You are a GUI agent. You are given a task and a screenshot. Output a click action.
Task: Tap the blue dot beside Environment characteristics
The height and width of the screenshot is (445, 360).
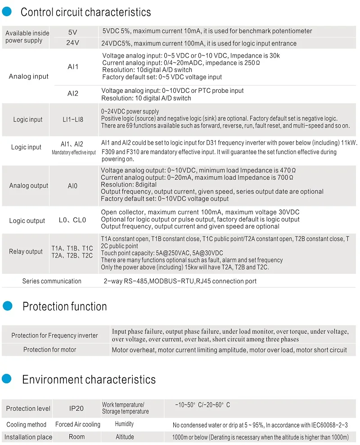(6, 379)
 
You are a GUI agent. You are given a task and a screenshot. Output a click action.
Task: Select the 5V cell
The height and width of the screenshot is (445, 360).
(73, 32)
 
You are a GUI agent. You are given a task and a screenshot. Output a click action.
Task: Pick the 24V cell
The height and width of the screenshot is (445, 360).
(73, 43)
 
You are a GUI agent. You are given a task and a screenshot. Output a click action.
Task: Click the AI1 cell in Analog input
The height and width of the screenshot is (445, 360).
(73, 67)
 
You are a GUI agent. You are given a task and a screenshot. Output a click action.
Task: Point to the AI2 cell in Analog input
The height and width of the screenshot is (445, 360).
(73, 94)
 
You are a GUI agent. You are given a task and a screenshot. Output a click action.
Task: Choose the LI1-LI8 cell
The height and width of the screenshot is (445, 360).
(73, 119)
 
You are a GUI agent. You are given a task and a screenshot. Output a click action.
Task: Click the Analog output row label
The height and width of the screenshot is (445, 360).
(29, 186)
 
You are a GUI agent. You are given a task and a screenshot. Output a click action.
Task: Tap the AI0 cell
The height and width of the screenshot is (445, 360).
(72, 186)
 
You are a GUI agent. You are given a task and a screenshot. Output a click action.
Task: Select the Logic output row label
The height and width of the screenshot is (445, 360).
(27, 221)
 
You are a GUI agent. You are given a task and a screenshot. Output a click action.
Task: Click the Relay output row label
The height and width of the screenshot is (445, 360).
(26, 251)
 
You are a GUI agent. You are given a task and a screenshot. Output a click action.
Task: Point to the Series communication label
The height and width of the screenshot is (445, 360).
(52, 281)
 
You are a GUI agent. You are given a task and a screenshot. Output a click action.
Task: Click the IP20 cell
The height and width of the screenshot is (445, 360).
(76, 409)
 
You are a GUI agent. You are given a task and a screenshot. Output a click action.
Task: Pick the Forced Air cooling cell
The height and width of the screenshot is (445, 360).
(78, 424)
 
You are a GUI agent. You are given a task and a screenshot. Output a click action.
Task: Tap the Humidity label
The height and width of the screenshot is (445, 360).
(124, 424)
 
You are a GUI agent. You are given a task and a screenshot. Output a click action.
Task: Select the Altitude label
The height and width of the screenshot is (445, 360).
(125, 436)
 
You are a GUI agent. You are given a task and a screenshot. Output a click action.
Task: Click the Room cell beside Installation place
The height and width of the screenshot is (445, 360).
(77, 436)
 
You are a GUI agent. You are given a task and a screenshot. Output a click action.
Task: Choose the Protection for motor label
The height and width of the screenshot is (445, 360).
(50, 350)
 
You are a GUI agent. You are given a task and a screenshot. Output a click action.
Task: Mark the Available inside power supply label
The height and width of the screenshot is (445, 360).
(27, 36)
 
